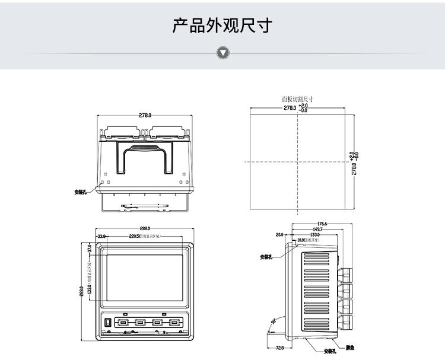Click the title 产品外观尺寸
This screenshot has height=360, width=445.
(223, 26)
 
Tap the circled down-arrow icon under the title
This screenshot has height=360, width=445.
(223, 53)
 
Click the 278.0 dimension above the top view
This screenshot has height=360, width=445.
(145, 115)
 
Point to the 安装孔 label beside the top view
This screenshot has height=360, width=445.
(80, 192)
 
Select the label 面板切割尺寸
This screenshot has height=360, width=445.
(297, 100)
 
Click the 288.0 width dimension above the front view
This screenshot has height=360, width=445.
(145, 228)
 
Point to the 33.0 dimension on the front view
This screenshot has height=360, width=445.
(101, 236)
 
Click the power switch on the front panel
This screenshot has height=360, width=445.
(109, 323)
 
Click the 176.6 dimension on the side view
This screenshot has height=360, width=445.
(322, 224)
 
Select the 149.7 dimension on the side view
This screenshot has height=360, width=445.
(317, 230)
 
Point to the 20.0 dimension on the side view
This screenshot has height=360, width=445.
(279, 235)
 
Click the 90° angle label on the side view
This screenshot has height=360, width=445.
(274, 321)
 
